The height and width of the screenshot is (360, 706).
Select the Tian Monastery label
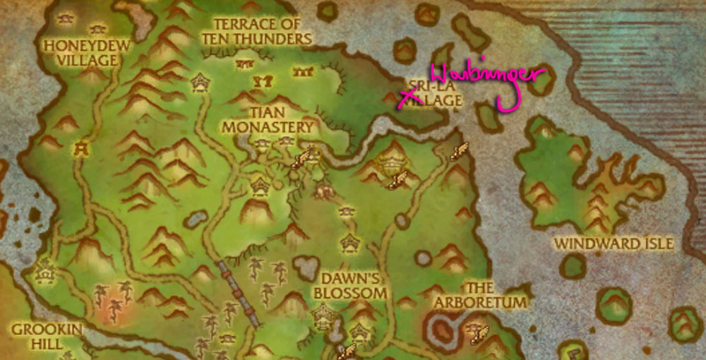coord(268,119)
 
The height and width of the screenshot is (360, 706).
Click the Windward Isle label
coord(613,244)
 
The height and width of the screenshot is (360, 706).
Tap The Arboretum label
coord(480,295)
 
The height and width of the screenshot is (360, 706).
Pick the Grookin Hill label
coord(47,336)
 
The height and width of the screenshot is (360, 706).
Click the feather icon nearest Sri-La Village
coord(459,150)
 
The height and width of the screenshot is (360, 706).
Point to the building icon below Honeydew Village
coord(83,148)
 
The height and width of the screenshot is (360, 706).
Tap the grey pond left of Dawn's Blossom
coord(306,267)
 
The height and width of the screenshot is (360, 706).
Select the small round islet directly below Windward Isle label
coord(573,266)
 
